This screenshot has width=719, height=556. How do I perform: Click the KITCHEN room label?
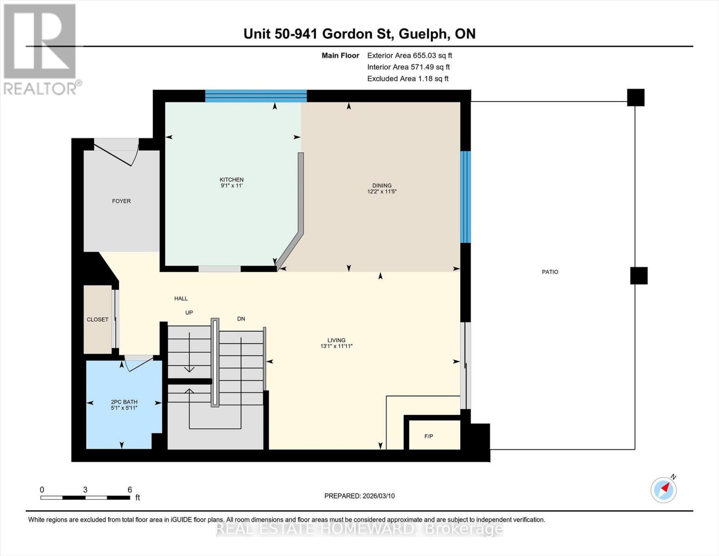pos(231,180)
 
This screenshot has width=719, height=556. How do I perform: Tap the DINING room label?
pos(381,185)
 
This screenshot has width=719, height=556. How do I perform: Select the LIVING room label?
pos(336,340)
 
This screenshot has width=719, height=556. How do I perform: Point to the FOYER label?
pos(121,201)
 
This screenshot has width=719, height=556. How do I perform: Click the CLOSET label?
pos(98,320)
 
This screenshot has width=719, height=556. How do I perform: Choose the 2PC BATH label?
pos(124,402)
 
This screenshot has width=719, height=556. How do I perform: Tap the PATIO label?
pos(550,272)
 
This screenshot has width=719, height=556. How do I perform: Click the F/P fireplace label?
pos(429,436)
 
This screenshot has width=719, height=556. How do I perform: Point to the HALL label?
pos(181,299)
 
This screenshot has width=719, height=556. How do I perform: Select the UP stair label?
pos(189,313)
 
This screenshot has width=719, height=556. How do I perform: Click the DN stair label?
pos(241,319)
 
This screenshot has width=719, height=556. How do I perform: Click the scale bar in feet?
pos(85,498)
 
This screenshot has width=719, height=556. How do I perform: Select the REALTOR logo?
pos(41,49)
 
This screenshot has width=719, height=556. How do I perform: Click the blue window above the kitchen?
pos(256,96)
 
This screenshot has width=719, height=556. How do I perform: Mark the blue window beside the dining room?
pos(465,197)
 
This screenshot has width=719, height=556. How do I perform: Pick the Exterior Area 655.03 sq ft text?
pos(409,56)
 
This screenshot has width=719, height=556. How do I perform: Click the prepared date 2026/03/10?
pos(359,496)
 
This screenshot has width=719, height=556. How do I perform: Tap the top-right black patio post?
pos(636,97)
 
